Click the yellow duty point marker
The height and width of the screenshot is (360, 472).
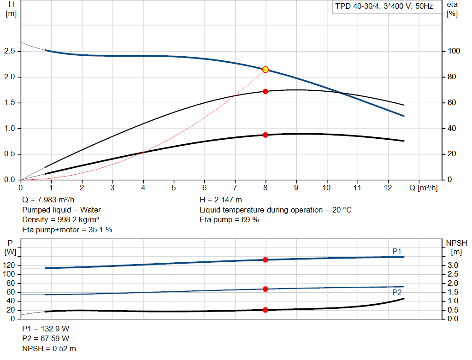click(x=265, y=70)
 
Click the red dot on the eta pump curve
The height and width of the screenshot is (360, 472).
click(x=265, y=91)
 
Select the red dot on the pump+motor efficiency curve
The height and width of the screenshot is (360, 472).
click(x=265, y=135)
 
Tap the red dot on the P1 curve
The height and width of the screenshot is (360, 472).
click(x=265, y=260)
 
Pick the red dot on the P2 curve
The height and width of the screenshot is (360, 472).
click(x=265, y=289)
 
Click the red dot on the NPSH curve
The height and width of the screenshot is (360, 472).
click(x=265, y=310)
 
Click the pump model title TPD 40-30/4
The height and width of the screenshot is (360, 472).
click(x=384, y=7)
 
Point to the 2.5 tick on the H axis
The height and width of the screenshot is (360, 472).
click(x=11, y=51)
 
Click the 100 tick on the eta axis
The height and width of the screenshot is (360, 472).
click(x=454, y=51)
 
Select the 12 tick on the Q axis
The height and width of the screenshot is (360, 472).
click(x=388, y=188)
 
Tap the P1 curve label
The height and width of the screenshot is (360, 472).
click(x=397, y=251)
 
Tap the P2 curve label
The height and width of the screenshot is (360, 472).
click(x=397, y=292)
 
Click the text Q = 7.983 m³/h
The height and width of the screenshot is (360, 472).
click(x=48, y=200)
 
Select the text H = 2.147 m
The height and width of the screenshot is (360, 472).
click(x=221, y=200)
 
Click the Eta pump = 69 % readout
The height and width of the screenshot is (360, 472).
click(x=229, y=219)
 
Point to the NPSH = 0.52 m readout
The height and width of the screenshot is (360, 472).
click(x=49, y=348)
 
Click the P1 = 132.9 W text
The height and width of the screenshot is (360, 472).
click(x=46, y=329)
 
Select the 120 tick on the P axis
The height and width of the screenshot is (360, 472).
click(x=10, y=266)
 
